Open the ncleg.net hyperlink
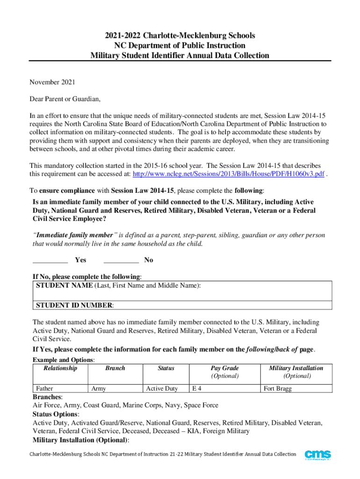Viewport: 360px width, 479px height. pos(229,174)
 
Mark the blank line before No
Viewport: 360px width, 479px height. pos(121,260)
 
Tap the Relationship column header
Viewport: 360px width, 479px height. pos(60,368)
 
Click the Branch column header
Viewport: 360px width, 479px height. pos(115,368)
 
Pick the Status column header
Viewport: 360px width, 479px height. pos(166,368)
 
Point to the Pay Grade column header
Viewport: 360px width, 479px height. pos(224,368)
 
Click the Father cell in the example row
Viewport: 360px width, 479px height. pos(44,388)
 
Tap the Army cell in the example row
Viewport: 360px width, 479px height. pos(99,388)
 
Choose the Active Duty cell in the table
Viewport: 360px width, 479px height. pos(162,388)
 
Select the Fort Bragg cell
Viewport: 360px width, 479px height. pos(278,388)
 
